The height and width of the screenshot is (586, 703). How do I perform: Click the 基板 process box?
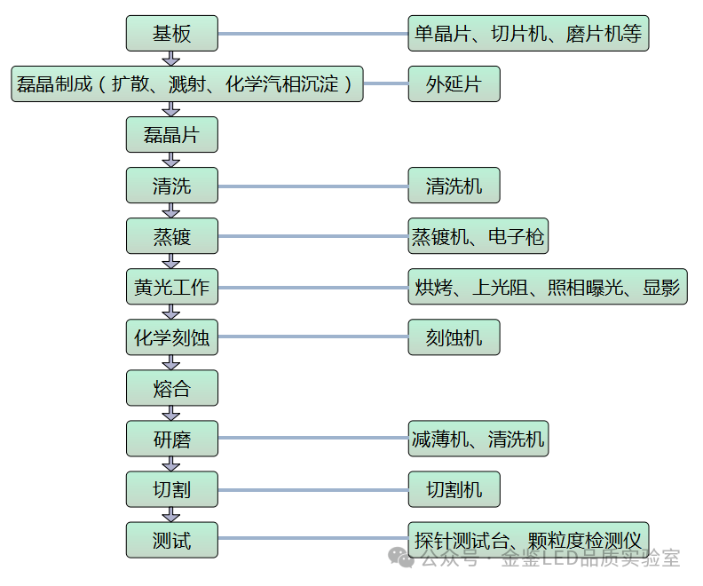(x=171, y=34)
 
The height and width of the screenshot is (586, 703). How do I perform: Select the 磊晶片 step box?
(x=171, y=135)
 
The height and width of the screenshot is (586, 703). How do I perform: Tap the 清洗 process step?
(x=171, y=186)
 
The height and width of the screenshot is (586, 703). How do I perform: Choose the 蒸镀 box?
(x=171, y=237)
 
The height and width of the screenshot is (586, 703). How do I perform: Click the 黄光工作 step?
(x=171, y=288)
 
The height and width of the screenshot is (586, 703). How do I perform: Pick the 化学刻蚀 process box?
(x=171, y=338)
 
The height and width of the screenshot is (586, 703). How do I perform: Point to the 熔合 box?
(x=171, y=389)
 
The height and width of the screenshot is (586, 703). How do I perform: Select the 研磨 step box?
(x=171, y=439)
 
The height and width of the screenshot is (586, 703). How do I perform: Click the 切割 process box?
(x=171, y=490)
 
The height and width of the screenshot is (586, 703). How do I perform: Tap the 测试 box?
(x=171, y=541)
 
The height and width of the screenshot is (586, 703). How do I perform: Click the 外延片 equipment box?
(x=454, y=84)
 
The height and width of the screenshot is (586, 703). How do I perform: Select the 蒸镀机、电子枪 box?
(x=478, y=237)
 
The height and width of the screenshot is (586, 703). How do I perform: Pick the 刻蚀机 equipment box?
(x=454, y=338)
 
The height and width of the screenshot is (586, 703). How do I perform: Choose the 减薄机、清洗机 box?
(x=478, y=439)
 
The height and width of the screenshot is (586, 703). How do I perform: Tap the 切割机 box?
(x=454, y=490)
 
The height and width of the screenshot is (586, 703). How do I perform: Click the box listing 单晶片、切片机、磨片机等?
(x=528, y=34)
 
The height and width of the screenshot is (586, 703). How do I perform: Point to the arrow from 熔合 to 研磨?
(x=171, y=414)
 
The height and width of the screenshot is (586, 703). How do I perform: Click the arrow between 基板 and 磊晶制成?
(x=171, y=59)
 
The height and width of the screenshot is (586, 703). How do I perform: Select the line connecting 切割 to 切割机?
(x=312, y=490)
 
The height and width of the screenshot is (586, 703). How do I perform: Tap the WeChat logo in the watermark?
(x=404, y=558)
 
